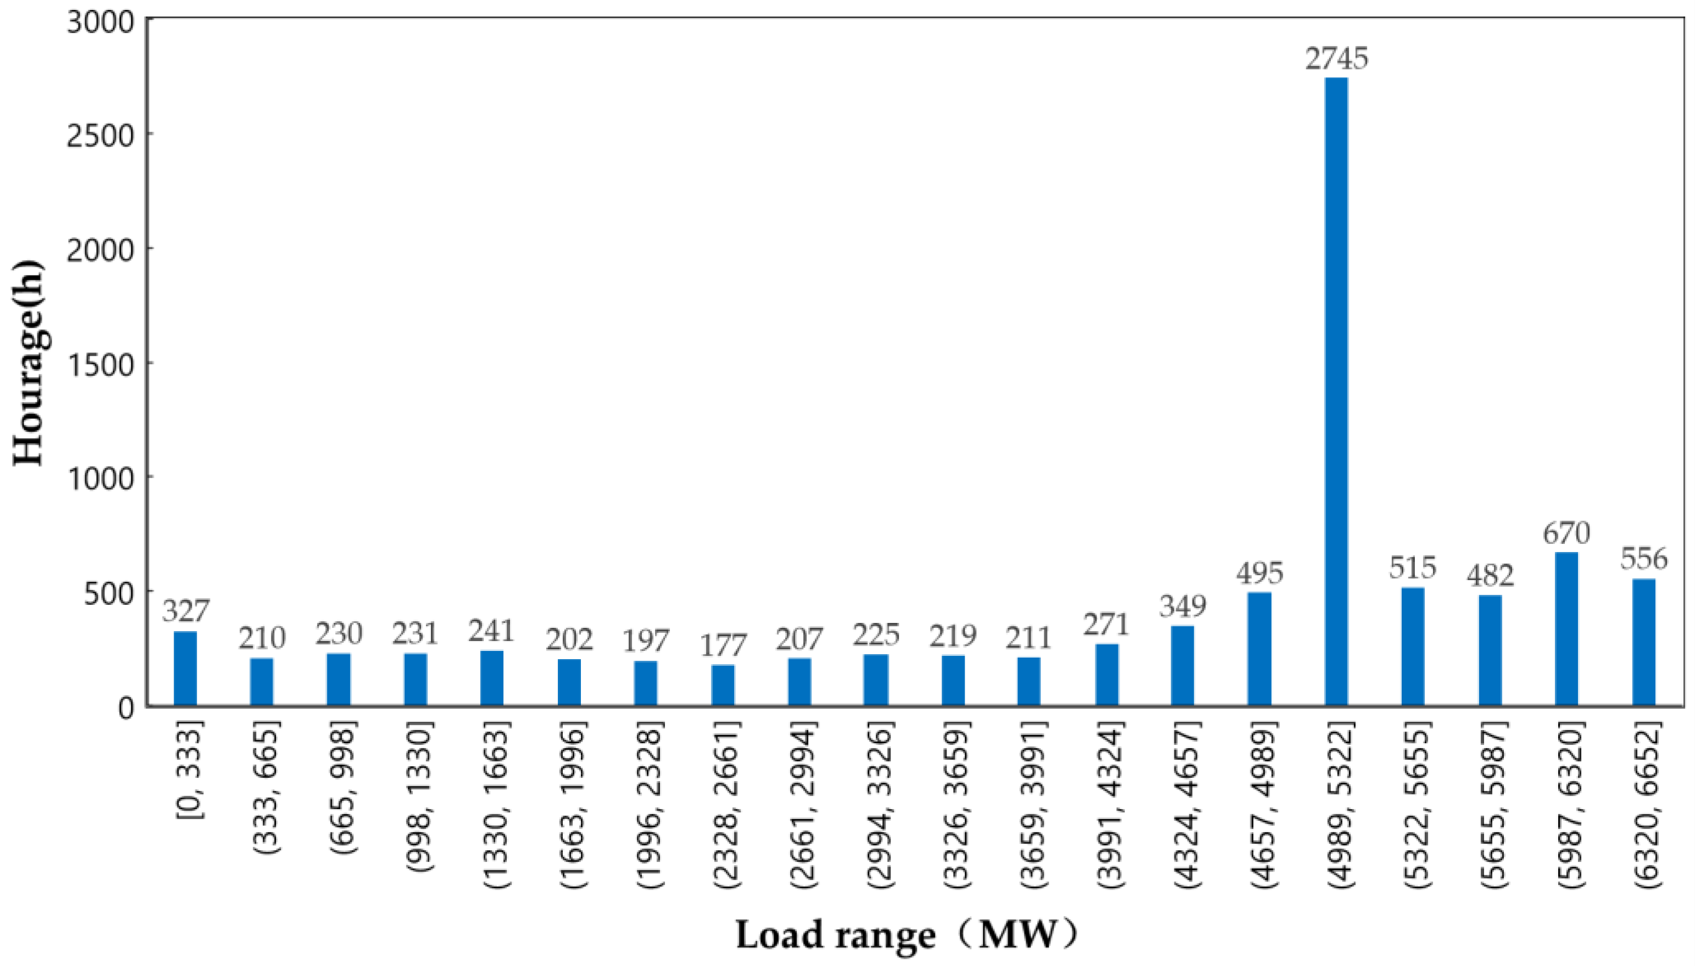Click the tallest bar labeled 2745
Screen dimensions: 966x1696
point(1336,391)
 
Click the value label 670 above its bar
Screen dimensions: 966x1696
point(1566,533)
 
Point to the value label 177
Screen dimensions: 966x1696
point(723,645)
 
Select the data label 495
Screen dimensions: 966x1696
point(1260,572)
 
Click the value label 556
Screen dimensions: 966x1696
point(1644,559)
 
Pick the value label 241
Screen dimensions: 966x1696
point(492,630)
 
